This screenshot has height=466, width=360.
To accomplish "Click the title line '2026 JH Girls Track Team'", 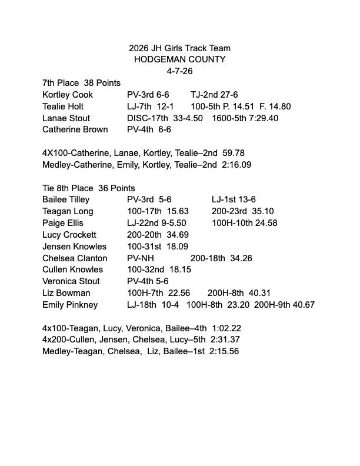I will click(x=179, y=48).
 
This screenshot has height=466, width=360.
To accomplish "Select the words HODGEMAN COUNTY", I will click(x=179, y=59).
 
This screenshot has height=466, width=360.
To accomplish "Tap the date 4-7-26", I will click(x=179, y=71).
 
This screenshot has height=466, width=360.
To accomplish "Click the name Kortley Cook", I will click(x=68, y=95).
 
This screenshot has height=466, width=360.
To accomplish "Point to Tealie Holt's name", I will click(x=63, y=106).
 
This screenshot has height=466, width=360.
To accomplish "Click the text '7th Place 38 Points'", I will click(x=81, y=83).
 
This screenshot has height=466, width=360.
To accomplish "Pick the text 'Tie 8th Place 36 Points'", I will click(x=88, y=188).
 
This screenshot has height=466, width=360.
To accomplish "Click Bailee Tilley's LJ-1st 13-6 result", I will click(x=234, y=200).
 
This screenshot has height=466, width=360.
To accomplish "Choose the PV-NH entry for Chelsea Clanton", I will click(x=139, y=258).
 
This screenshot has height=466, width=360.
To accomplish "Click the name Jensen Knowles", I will click(x=74, y=247).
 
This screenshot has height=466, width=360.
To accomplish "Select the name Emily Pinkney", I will click(x=70, y=305).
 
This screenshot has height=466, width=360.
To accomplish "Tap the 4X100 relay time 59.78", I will click(x=234, y=153).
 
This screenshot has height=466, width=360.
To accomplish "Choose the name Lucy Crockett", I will click(x=69, y=235).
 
